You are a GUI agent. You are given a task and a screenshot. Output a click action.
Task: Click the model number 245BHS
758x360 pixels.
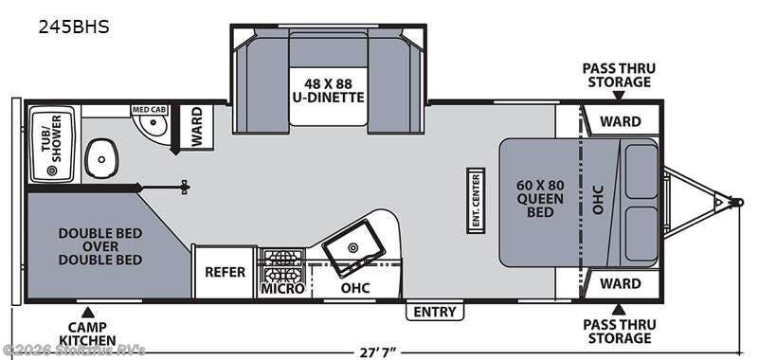click(x=74, y=27)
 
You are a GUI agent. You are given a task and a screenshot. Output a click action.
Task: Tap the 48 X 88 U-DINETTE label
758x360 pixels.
click(x=328, y=90)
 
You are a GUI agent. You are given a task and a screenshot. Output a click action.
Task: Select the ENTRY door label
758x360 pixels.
click(x=435, y=312)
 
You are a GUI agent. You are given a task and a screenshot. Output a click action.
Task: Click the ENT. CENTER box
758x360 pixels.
click(x=476, y=201)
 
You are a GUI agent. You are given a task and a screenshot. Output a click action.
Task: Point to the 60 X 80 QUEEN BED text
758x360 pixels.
click(x=540, y=199)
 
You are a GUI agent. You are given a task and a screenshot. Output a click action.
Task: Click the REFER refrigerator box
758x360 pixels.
click(x=225, y=272)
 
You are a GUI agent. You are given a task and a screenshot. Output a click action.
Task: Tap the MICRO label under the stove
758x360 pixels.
click(x=282, y=289)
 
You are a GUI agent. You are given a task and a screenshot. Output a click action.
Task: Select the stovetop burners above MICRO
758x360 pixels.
click(x=282, y=265)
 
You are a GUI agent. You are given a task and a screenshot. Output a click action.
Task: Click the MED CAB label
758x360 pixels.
click(x=150, y=110)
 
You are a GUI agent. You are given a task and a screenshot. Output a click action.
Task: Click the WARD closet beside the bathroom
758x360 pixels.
click(x=196, y=126)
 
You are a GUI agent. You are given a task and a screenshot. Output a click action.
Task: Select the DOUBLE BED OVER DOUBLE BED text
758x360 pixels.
click(x=100, y=246)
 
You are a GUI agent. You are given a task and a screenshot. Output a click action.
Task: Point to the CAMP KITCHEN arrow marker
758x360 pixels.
click(x=87, y=313)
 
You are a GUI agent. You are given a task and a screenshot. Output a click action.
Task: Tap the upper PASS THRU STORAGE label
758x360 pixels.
click(x=620, y=75)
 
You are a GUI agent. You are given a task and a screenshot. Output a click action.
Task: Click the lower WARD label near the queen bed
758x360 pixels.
click(x=621, y=283)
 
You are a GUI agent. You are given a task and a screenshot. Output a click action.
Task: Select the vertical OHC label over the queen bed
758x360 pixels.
click(x=599, y=199)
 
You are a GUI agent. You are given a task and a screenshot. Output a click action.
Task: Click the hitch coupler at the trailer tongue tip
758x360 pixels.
click(x=737, y=202)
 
